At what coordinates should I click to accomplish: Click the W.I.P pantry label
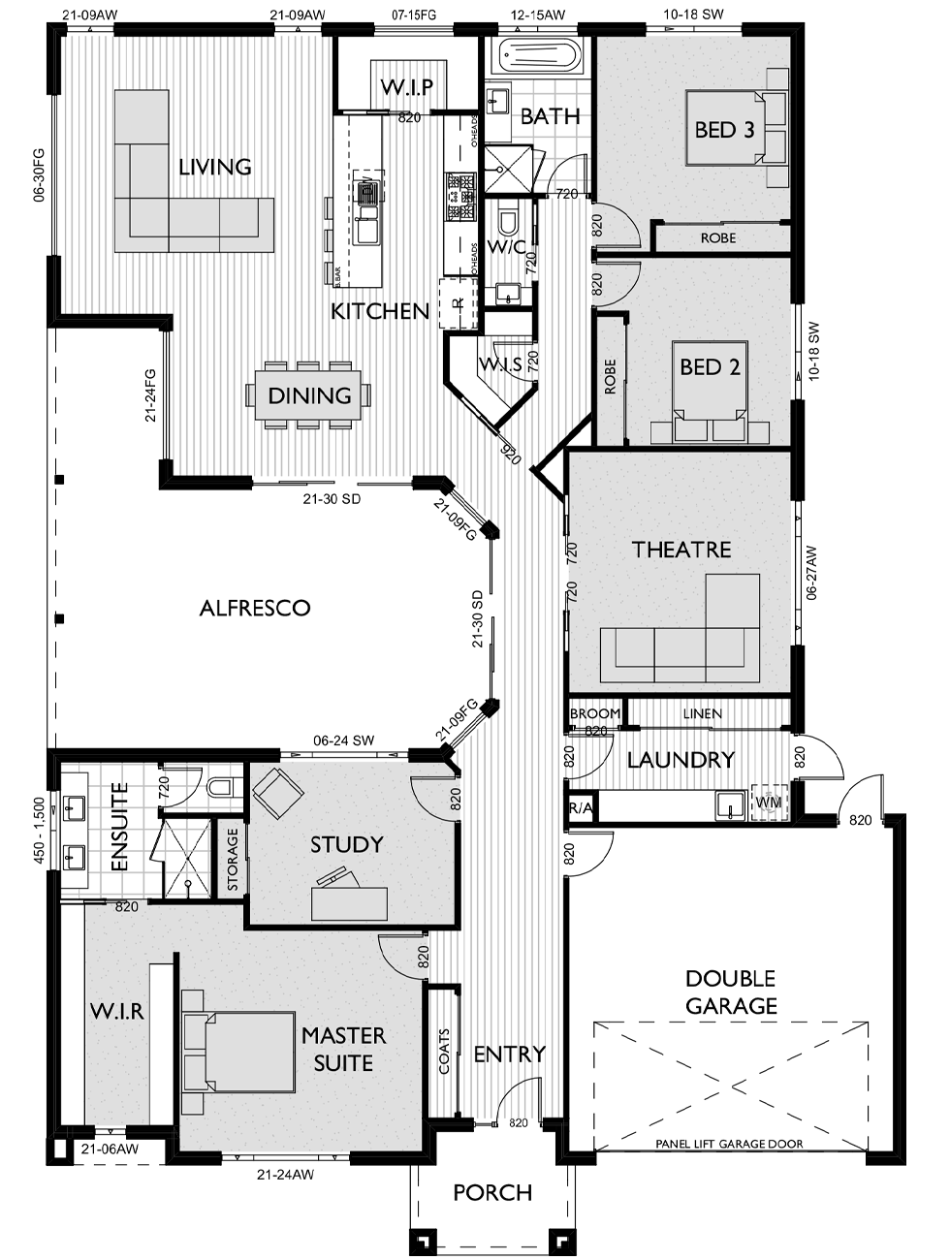[x=406, y=88]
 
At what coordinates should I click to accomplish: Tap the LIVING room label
[x=215, y=167]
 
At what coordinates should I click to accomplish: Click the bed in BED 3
[x=737, y=128]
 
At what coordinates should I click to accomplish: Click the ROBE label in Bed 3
[x=717, y=237]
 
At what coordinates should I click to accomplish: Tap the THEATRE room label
[x=681, y=550]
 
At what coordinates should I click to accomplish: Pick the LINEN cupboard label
[x=702, y=713]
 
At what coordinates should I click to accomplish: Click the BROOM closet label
[x=594, y=714]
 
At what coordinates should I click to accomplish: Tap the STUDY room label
[x=346, y=844]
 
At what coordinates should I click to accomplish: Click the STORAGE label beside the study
[x=233, y=860]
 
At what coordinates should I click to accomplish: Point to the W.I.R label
[x=117, y=1012]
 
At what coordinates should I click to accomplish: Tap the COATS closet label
[x=444, y=1052]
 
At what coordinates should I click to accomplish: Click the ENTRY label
[x=509, y=1054]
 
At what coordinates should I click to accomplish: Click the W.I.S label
[x=501, y=364]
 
